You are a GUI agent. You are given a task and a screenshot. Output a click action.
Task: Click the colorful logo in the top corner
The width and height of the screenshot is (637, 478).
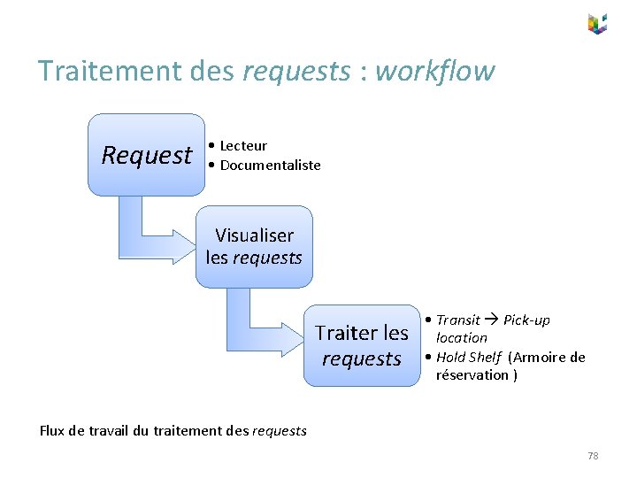click(x=597, y=24)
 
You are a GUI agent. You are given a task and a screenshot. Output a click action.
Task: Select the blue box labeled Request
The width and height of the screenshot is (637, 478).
click(x=146, y=155)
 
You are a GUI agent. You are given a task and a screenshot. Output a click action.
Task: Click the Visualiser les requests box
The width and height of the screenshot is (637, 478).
click(x=254, y=247)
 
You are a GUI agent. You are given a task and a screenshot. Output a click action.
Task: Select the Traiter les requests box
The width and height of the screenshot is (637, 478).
click(x=362, y=345)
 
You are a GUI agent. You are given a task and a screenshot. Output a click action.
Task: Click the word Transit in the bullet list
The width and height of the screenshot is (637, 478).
click(x=457, y=320)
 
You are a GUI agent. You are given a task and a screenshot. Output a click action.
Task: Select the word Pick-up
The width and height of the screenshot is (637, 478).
click(x=526, y=320)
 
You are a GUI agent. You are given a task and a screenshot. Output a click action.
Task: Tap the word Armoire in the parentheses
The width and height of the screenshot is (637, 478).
click(x=541, y=357)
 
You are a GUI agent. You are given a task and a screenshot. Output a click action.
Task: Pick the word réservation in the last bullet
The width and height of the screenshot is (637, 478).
click(x=471, y=374)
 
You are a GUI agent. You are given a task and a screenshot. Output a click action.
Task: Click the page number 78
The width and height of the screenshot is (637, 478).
click(x=593, y=455)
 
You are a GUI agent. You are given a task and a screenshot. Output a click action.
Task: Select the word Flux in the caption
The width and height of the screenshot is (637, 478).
click(x=52, y=431)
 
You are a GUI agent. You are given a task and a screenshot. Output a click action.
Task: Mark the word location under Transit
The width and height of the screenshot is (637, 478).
click(x=461, y=337)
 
